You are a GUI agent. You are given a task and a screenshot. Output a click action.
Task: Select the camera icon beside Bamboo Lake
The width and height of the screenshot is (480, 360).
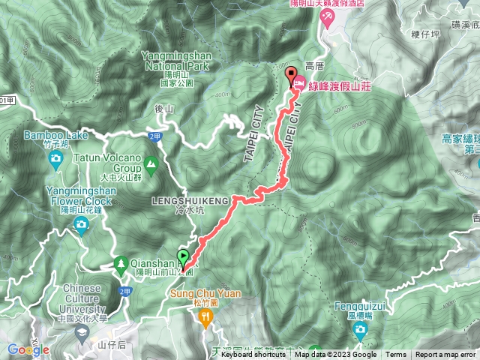pos(55,158)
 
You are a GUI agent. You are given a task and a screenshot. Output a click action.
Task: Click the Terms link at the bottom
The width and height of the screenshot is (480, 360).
pos(396,355)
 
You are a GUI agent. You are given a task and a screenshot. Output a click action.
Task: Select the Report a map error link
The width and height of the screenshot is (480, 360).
pos(447,355)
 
